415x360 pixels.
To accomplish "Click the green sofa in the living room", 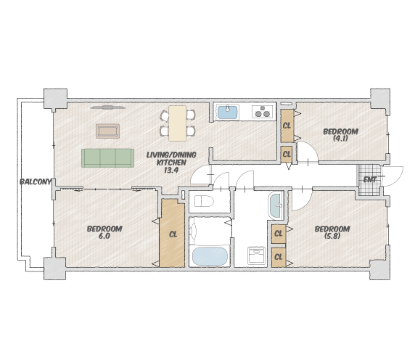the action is point(107,158).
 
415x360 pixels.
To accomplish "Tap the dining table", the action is point(177,123).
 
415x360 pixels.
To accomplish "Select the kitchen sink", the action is point(228,112).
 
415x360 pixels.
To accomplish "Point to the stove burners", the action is point(263,112).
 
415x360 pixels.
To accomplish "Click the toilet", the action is point(204,202).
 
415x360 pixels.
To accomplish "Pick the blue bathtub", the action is point(210,256).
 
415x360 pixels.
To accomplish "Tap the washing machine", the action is point(256,255).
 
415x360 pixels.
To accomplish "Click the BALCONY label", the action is point(36,182).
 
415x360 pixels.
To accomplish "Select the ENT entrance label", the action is point(370,180).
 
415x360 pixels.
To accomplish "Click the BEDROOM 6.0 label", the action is point(104,232).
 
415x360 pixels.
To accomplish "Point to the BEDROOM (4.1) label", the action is point(340,135).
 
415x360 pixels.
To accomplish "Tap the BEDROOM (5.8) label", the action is point(332,232).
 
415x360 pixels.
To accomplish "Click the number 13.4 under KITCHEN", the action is point(171,171).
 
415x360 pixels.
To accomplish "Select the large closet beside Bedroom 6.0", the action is point(172,233).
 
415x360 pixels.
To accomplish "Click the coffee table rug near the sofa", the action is point(107,131).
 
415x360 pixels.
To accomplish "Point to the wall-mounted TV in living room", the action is point(107,107).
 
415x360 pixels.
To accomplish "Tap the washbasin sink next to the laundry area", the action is point(276,206).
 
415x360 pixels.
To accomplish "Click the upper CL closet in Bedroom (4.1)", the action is point(287,126).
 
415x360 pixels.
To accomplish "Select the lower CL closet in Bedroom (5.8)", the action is point(279,257).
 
